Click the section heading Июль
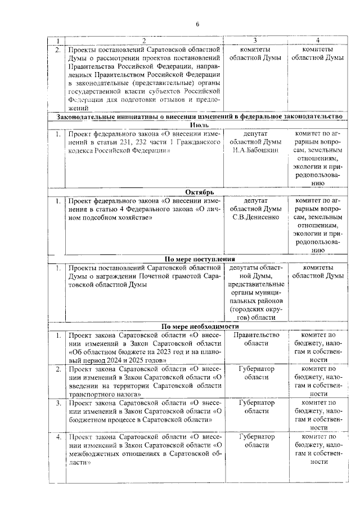pyautogui.click(x=200, y=124)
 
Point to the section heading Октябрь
pyautogui.click(x=200, y=191)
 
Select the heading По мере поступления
pyautogui.click(x=200, y=258)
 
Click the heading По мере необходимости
pyautogui.click(x=200, y=326)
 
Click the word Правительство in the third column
pyautogui.click(x=256, y=335)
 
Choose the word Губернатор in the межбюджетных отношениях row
pyautogui.click(x=256, y=436)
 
